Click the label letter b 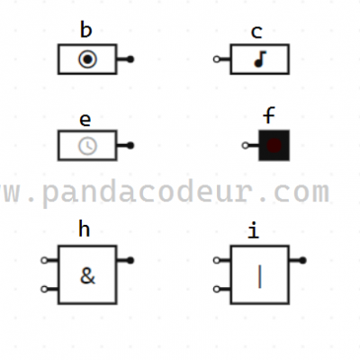coord(85,30)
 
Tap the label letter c coord(256,32)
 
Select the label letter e coord(85,120)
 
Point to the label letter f coord(269,115)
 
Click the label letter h coord(84,229)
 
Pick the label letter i coord(254,230)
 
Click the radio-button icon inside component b coord(87,59)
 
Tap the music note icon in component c coord(260,59)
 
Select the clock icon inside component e coord(87,146)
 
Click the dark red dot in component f coord(274,145)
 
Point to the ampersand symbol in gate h coord(87,275)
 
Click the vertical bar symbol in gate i coord(260,276)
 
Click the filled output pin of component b coord(130,59)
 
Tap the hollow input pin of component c coord(217,59)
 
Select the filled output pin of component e coord(130,146)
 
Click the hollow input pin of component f coord(245,146)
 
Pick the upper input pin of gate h coord(44,260)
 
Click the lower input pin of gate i coord(217,289)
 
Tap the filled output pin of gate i coord(302,260)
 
